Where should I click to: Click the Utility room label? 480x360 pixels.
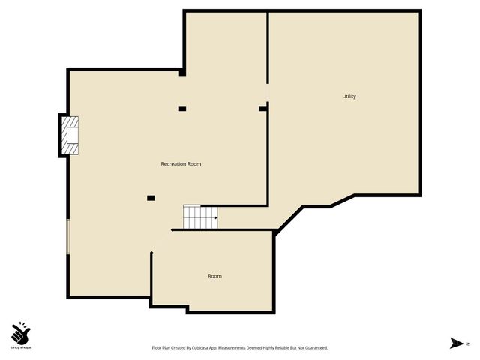click(349, 96)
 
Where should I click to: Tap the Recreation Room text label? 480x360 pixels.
click(181, 163)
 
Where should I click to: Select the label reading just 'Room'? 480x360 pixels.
click(214, 276)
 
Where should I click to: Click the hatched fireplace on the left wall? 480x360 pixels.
click(70, 135)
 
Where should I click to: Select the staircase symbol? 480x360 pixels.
click(200, 217)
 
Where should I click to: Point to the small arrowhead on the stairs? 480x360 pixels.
click(216, 218)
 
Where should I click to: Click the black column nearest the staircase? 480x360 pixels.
click(151, 198)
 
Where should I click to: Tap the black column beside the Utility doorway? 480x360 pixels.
click(262, 109)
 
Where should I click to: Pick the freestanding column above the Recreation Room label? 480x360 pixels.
click(182, 109)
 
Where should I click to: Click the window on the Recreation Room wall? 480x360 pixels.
click(67, 237)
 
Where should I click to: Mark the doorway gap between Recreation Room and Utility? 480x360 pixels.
click(268, 94)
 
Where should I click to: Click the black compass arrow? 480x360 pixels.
click(455, 343)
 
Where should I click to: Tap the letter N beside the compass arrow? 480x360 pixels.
click(466, 343)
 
